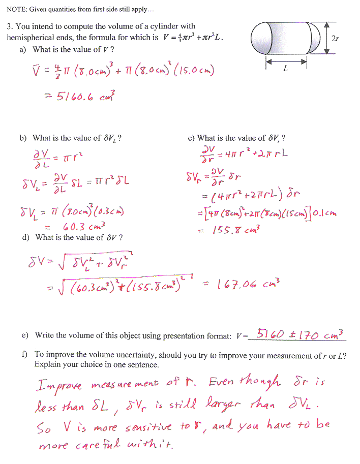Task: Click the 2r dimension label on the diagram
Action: pos(336,38)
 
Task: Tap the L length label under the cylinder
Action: pos(285,69)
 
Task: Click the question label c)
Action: pos(191,138)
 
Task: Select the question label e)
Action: pos(25,335)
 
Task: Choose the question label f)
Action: pos(25,354)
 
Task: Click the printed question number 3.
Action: pos(9,26)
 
